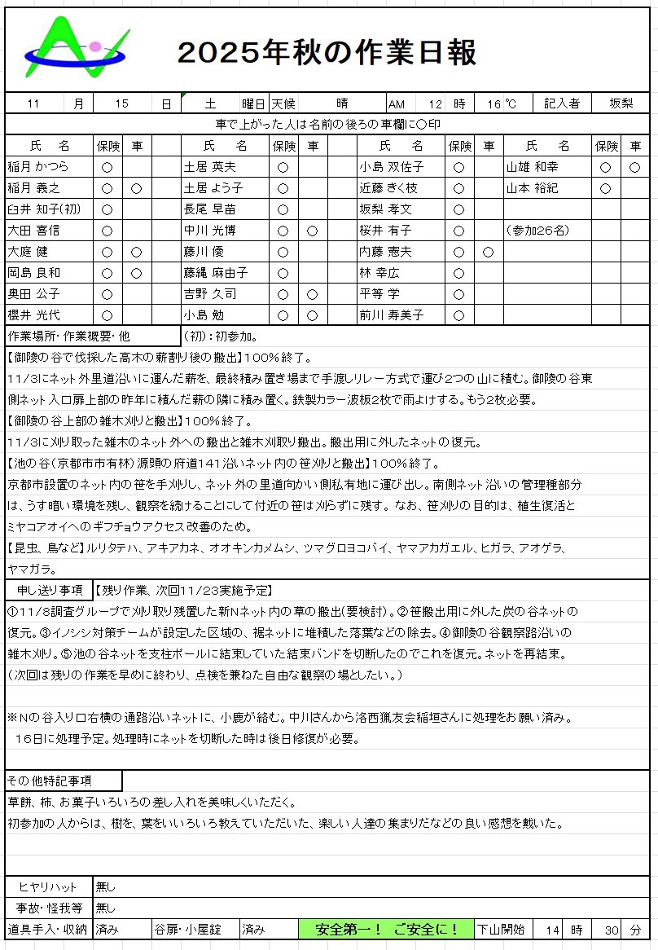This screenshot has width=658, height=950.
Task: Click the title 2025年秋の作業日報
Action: click(x=327, y=53)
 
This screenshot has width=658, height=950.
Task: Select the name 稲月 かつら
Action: click(x=39, y=167)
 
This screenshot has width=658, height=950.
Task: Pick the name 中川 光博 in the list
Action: click(x=214, y=231)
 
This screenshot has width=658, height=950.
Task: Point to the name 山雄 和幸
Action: click(x=533, y=167)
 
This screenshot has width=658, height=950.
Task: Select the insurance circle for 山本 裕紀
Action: click(x=605, y=188)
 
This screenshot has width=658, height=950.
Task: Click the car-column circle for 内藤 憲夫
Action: click(x=488, y=252)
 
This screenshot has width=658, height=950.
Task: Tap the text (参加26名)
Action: click(x=537, y=231)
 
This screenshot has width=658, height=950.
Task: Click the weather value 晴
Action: click(x=342, y=103)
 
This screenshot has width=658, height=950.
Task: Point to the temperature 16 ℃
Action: click(x=502, y=103)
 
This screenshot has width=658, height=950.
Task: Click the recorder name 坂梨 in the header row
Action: click(x=622, y=103)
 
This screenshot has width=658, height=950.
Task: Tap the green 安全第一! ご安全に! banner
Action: click(x=386, y=930)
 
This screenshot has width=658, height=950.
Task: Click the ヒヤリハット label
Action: click(x=47, y=886)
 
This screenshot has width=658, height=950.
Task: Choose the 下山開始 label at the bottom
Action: click(x=501, y=930)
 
